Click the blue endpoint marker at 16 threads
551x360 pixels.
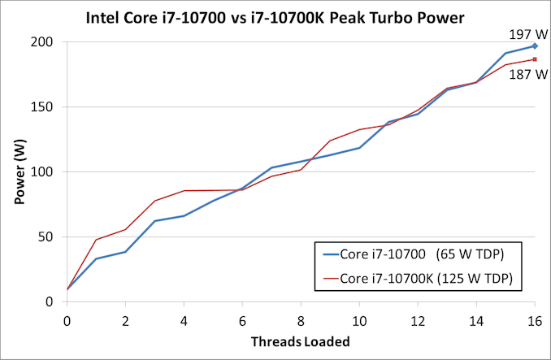click(535, 46)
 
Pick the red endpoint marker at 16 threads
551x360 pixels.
click(535, 59)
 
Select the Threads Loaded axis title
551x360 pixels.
click(300, 341)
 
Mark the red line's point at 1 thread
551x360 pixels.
click(96, 240)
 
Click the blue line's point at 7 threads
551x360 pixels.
click(271, 167)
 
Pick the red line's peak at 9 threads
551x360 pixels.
click(330, 141)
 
